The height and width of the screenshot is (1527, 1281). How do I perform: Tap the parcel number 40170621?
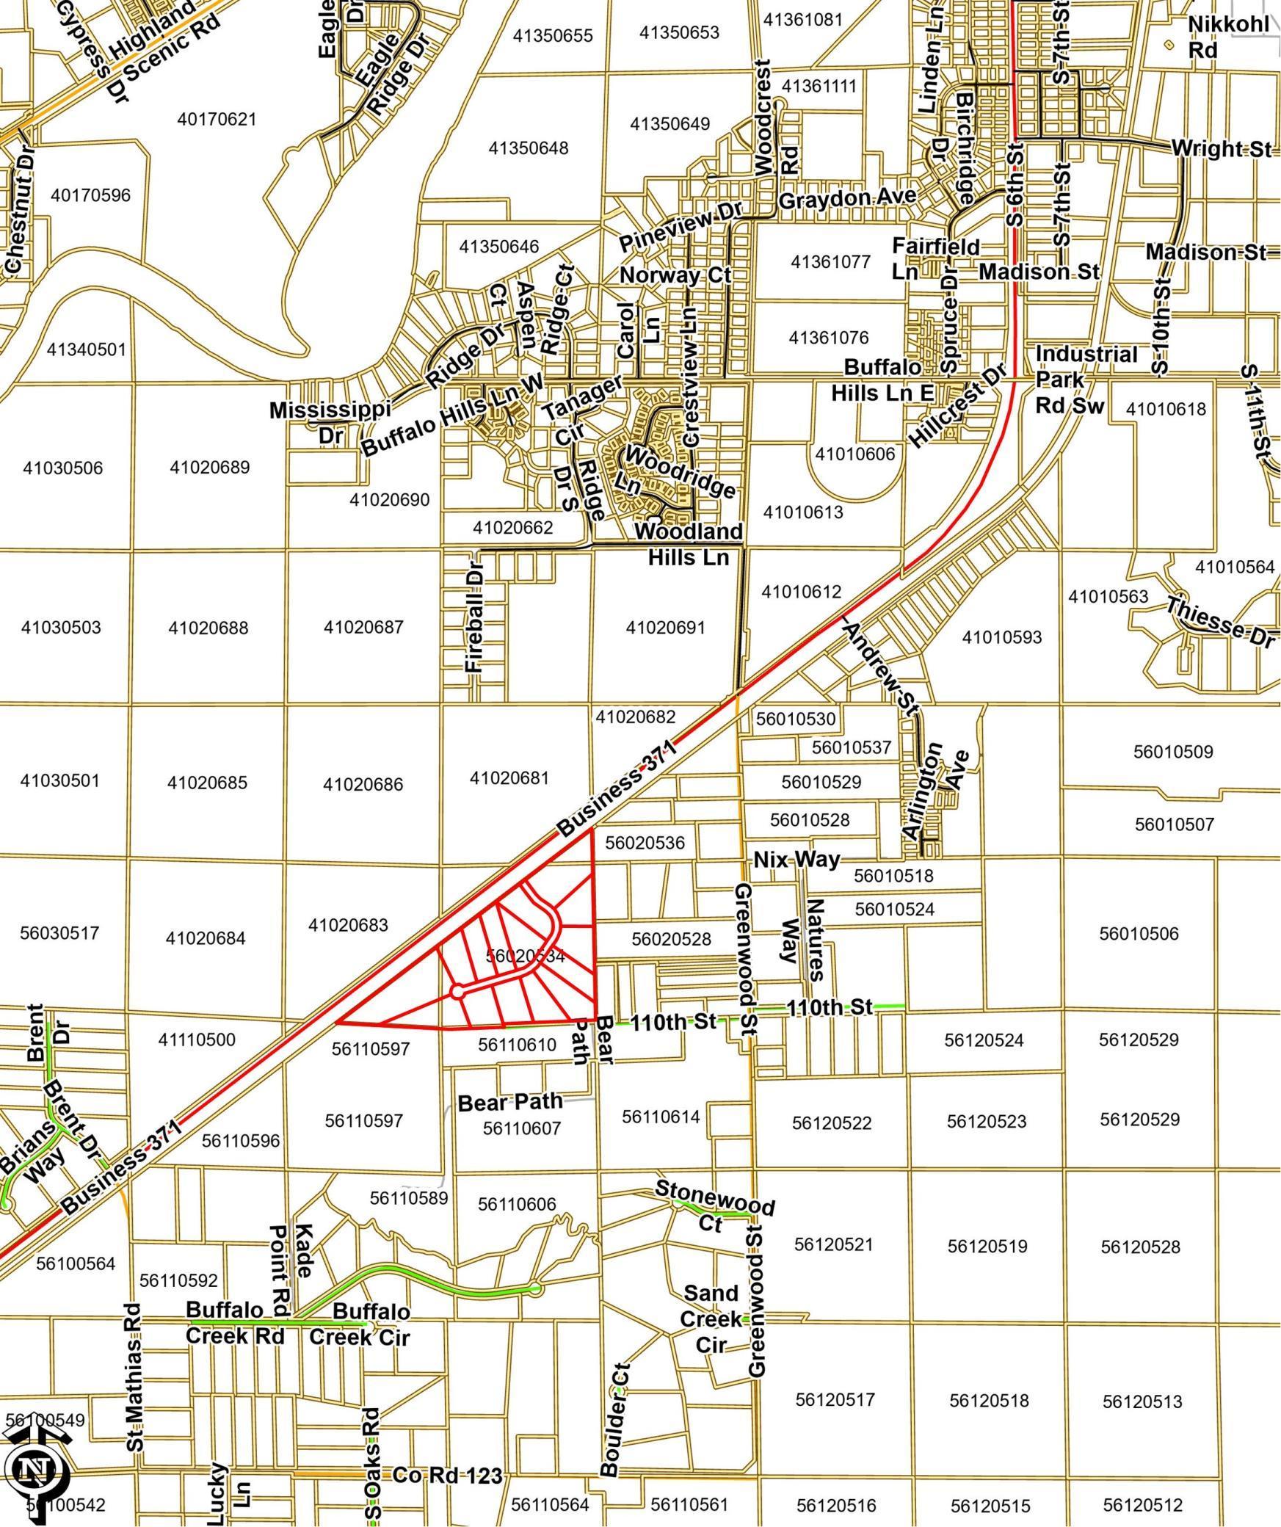[x=217, y=119]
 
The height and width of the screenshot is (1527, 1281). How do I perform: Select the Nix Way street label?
[x=796, y=859]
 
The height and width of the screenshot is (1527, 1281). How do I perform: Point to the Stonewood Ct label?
[x=714, y=1205]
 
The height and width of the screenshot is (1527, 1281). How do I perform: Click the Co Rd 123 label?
[x=447, y=1475]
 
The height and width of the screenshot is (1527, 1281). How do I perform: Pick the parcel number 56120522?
[x=831, y=1122]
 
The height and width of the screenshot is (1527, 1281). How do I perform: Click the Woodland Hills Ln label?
[x=688, y=544]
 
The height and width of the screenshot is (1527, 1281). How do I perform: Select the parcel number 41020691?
[x=665, y=628]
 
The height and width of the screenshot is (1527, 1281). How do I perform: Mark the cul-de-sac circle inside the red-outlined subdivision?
[x=457, y=993]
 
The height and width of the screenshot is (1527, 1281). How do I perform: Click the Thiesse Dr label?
[x=1219, y=623]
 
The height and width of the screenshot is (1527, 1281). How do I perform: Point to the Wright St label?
[x=1220, y=148]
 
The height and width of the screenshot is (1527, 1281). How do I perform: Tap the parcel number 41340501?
[x=87, y=349]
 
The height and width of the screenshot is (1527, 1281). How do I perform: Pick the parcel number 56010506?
[x=1138, y=934]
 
